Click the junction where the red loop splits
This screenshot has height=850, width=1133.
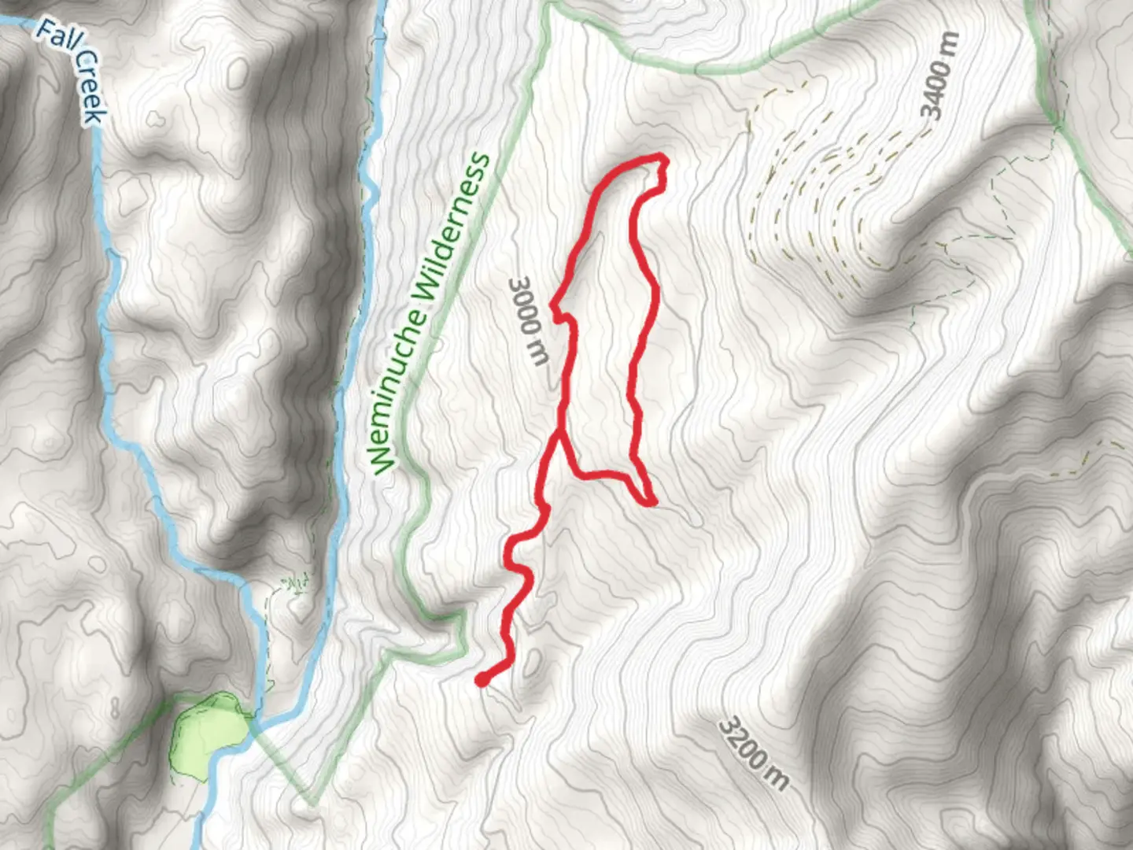pyautogui.click(x=560, y=432)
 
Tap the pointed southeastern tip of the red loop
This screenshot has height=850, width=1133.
pyautogui.click(x=651, y=501)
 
